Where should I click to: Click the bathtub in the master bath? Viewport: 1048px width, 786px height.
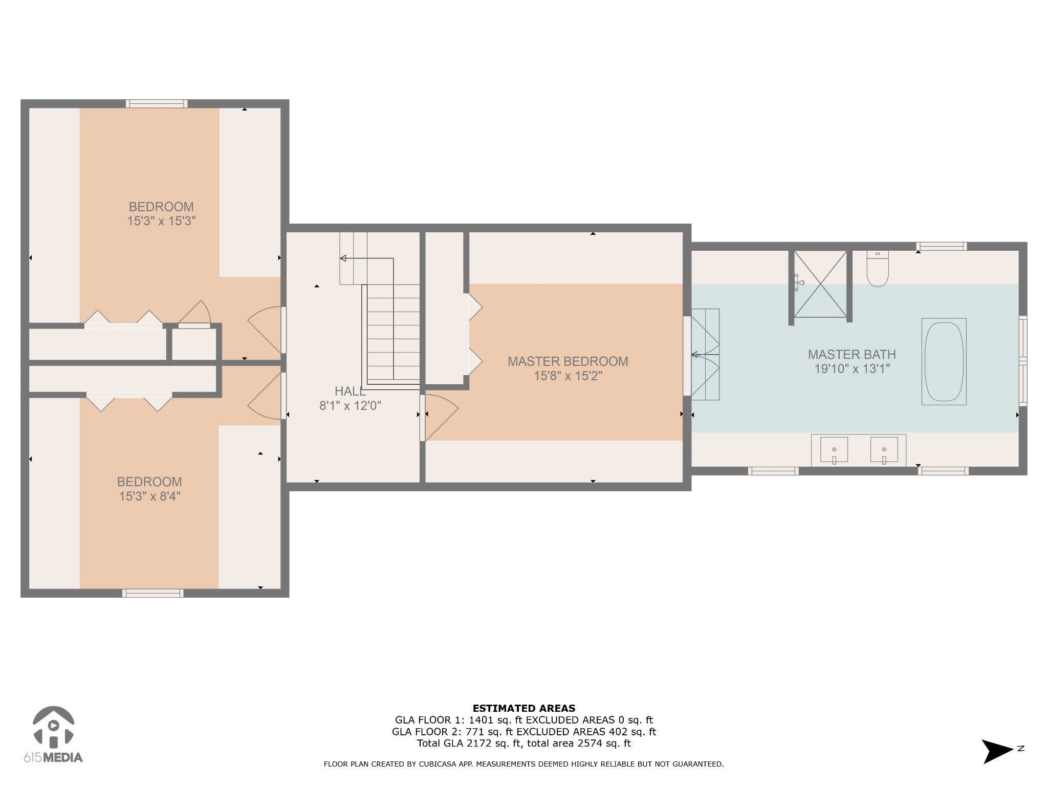click(x=944, y=362)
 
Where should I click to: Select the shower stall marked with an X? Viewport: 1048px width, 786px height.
click(x=820, y=284)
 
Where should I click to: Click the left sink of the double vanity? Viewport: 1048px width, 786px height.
click(x=834, y=449)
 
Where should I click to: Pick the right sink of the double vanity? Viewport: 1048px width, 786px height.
click(x=884, y=449)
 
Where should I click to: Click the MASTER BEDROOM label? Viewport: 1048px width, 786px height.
click(x=567, y=361)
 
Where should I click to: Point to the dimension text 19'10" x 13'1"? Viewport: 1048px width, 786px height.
click(x=852, y=368)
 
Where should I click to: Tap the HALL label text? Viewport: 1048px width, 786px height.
click(x=350, y=391)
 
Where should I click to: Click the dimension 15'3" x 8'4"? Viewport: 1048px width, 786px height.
click(x=149, y=496)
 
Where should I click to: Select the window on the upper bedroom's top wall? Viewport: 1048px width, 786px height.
click(x=157, y=104)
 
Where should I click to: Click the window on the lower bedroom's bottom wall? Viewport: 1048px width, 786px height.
click(x=152, y=593)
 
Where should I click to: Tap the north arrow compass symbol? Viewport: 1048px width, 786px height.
click(x=997, y=751)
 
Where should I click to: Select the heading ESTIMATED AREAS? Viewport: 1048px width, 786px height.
click(x=523, y=708)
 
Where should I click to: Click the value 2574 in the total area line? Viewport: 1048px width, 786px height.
click(x=589, y=744)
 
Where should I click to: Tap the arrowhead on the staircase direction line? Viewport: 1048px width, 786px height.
click(x=343, y=258)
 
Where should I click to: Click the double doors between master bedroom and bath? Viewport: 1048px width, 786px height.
click(x=705, y=354)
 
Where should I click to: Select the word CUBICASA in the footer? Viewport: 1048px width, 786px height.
click(x=441, y=764)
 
